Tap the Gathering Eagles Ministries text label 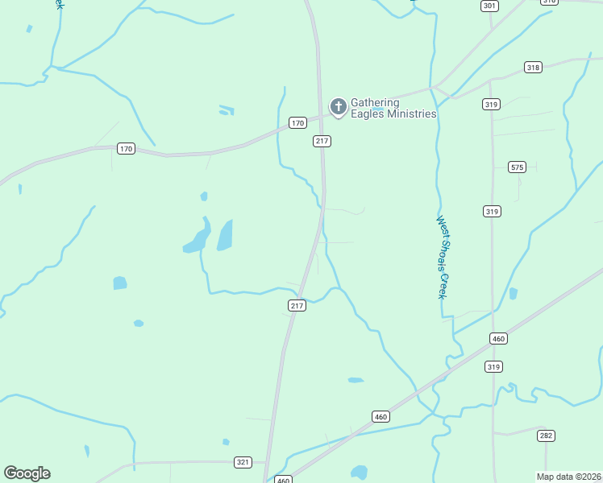(x=393, y=108)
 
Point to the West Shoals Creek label (x=443, y=257)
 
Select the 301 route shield (x=489, y=6)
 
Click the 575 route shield (x=518, y=167)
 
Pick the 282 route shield (x=546, y=435)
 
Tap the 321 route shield (x=243, y=462)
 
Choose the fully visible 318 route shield (x=532, y=67)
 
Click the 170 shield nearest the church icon (x=298, y=123)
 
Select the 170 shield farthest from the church (x=125, y=149)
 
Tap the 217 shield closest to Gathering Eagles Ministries (x=322, y=141)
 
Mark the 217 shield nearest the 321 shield (x=296, y=306)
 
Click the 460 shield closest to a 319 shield (x=498, y=339)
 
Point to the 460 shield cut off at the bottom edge (x=282, y=480)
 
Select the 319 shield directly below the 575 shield (x=493, y=211)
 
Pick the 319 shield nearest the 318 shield (x=491, y=104)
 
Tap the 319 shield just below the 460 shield (x=493, y=366)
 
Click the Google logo (x=27, y=473)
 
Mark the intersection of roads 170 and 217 (x=320, y=117)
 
